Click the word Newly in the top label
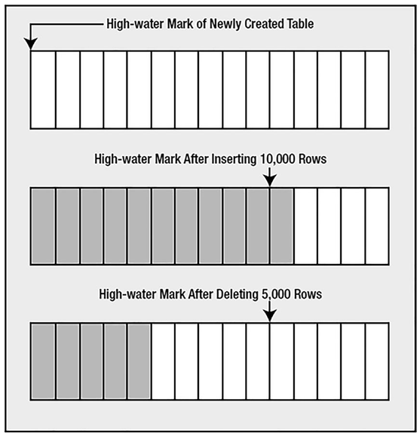pyautogui.click(x=225, y=24)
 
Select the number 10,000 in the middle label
pyautogui.click(x=277, y=159)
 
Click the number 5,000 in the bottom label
pyautogui.click(x=276, y=294)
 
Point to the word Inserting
pyautogui.click(x=234, y=159)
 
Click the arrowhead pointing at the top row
pyautogui.click(x=30, y=45)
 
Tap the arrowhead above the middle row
pyautogui.click(x=269, y=180)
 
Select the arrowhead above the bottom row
pyautogui.click(x=269, y=315)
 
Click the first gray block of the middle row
pyautogui.click(x=43, y=226)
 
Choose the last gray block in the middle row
pyautogui.click(x=282, y=226)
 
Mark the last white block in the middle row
pyautogui.click(x=377, y=226)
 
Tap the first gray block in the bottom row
pyautogui.click(x=43, y=361)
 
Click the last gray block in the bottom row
pyautogui.click(x=139, y=361)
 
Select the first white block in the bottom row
pyautogui.click(x=163, y=361)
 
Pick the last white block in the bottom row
pyautogui.click(x=377, y=361)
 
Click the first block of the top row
pyautogui.click(x=43, y=90)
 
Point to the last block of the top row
pyautogui.click(x=377, y=90)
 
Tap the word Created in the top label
pyautogui.click(x=262, y=24)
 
